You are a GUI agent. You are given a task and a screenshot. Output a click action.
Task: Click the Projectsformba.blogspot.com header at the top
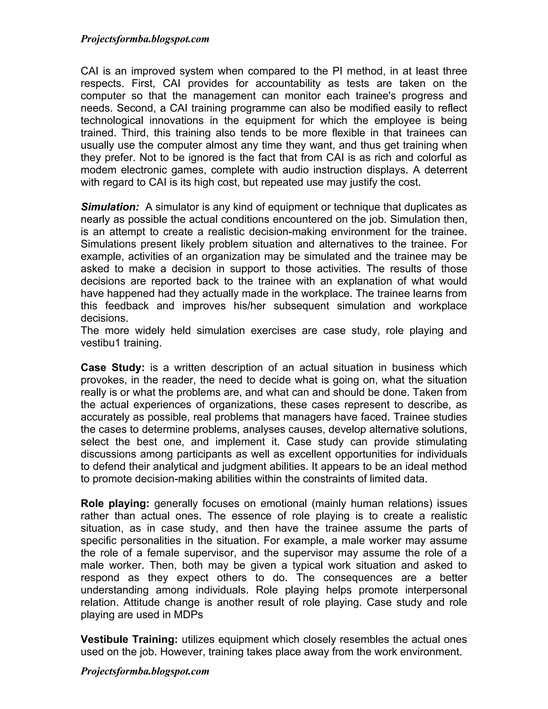pyautogui.click(x=145, y=39)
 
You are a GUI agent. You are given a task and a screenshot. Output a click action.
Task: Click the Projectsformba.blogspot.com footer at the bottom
pyautogui.click(x=145, y=671)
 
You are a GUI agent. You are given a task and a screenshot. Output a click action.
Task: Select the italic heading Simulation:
pyautogui.click(x=110, y=207)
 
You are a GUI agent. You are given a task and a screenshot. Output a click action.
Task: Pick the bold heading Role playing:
pyautogui.click(x=115, y=504)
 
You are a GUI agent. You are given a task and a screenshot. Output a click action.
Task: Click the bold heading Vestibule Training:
pyautogui.click(x=129, y=639)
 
